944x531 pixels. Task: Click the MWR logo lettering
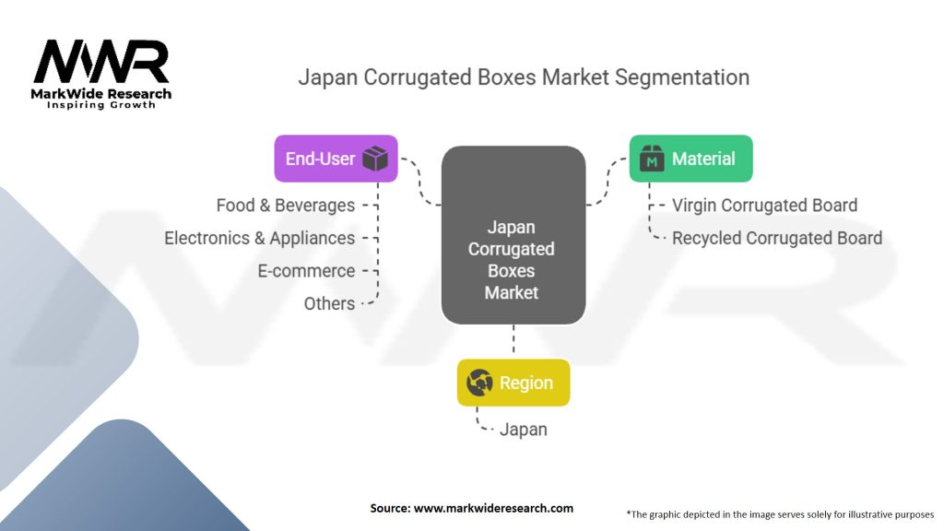click(x=101, y=63)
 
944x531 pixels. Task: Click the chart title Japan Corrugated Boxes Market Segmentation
click(x=524, y=77)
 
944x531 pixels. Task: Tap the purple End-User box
click(x=336, y=159)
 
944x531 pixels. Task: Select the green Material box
click(x=690, y=159)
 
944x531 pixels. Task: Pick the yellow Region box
click(x=513, y=383)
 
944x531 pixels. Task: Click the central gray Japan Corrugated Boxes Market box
click(x=513, y=235)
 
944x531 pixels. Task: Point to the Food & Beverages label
click(x=286, y=205)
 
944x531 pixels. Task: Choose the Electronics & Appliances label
click(x=259, y=238)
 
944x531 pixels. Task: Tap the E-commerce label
click(x=306, y=271)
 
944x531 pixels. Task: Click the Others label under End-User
click(x=329, y=303)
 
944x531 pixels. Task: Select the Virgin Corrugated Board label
click(x=764, y=205)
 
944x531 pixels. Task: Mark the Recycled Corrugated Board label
click(x=776, y=238)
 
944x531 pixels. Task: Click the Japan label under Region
click(x=523, y=429)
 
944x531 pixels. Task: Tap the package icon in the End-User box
click(x=374, y=159)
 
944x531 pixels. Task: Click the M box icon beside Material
click(x=653, y=159)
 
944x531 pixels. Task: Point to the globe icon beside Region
click(x=479, y=383)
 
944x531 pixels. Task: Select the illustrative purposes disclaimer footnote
click(x=780, y=513)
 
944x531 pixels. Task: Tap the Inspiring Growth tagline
click(x=101, y=105)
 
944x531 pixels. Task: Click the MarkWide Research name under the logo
click(x=101, y=94)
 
